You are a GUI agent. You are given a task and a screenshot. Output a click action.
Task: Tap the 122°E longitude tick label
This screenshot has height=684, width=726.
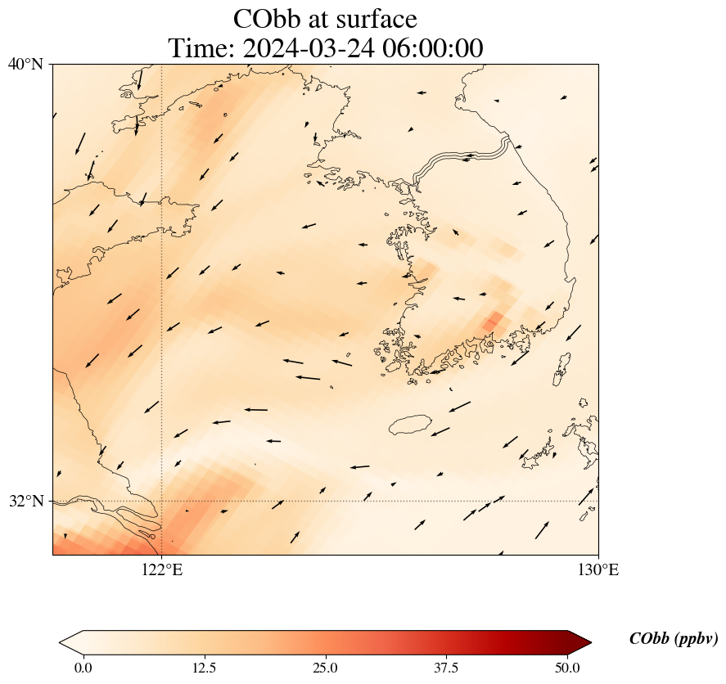point(162,570)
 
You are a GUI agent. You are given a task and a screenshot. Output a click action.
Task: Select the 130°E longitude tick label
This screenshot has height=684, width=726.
point(598,570)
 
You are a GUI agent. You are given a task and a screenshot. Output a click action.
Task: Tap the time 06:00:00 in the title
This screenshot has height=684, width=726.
point(431,48)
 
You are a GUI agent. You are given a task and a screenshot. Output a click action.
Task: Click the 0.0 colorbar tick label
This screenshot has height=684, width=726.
point(83,668)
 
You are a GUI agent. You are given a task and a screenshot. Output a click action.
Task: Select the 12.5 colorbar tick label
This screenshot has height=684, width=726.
point(204,668)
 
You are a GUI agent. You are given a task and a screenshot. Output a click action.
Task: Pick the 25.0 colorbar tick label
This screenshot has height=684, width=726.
point(325,668)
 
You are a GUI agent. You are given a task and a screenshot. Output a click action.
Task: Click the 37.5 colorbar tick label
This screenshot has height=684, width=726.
point(446,668)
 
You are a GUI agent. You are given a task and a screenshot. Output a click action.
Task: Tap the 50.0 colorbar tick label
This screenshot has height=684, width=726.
point(567,668)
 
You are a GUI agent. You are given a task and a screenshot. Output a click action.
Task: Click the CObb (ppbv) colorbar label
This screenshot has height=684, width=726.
point(674,639)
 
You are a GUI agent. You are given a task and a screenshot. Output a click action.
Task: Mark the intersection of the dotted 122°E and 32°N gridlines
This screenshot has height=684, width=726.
point(162,501)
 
